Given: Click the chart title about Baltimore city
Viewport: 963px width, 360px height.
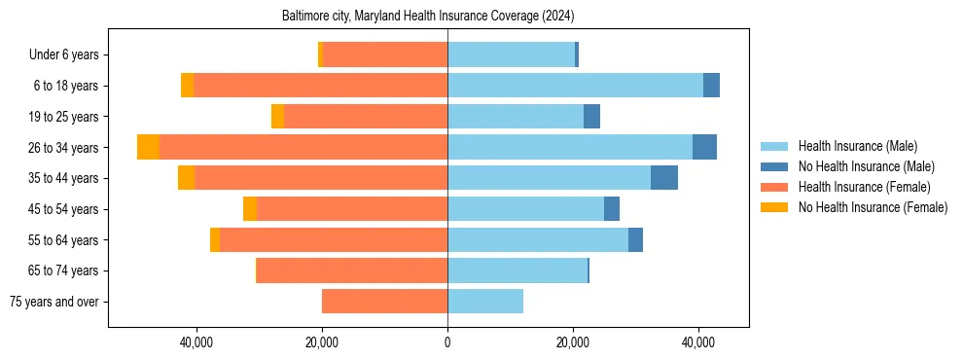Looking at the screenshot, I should point(428,17).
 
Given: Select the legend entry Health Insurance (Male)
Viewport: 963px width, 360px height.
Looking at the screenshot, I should point(856,146).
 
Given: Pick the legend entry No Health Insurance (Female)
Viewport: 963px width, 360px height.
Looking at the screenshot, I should point(872,207).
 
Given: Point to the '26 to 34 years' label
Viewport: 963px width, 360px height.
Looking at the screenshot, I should point(64,148).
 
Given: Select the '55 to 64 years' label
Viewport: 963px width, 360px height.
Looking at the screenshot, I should point(64,240).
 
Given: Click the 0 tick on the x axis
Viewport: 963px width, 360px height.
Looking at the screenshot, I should point(447,342).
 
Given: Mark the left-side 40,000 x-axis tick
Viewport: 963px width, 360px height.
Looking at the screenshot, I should point(196,342).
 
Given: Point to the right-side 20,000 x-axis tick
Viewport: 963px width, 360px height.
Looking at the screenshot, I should point(573,342).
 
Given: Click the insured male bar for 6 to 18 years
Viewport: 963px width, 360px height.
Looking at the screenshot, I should point(575,86).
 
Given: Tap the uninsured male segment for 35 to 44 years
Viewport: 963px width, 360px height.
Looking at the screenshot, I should point(663,178).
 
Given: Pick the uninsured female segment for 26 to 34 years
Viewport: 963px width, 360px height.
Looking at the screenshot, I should point(148,147).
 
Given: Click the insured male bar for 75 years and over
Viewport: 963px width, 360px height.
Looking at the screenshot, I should point(485,302).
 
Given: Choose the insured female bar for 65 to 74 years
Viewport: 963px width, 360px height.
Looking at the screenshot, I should point(352,270).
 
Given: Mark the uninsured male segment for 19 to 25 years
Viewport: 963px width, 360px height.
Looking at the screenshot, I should point(591,117).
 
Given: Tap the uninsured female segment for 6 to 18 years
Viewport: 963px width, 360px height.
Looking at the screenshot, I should point(187,86).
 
